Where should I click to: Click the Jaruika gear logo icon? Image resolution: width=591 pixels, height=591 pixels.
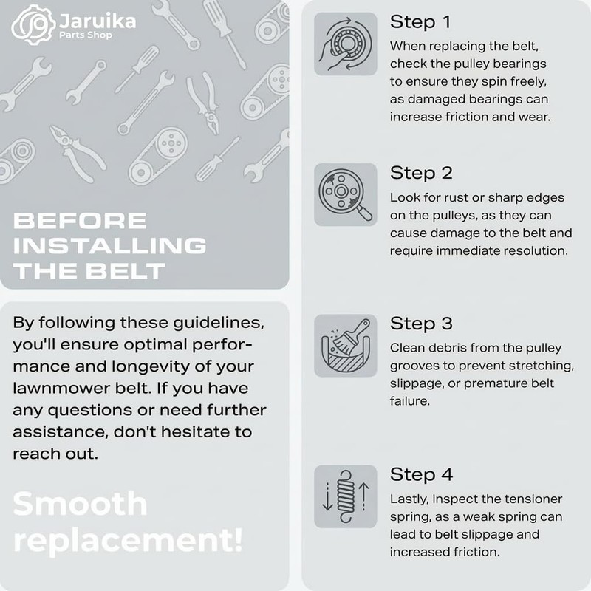pyautogui.click(x=34, y=25)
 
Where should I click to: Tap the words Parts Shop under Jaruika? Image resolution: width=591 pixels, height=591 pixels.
pyautogui.click(x=86, y=35)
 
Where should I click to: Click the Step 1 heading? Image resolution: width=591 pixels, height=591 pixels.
pyautogui.click(x=420, y=22)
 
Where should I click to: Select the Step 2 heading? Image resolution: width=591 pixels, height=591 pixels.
pyautogui.click(x=421, y=173)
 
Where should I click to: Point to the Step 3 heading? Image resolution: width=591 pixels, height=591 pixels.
pyautogui.click(x=421, y=324)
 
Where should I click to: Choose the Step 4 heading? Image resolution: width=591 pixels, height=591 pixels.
pyautogui.click(x=421, y=474)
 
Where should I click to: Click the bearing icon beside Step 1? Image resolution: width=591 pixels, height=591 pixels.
pyautogui.click(x=346, y=44)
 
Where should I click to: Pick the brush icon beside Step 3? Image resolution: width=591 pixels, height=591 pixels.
pyautogui.click(x=346, y=345)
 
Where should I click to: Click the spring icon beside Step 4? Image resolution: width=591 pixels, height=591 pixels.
pyautogui.click(x=346, y=496)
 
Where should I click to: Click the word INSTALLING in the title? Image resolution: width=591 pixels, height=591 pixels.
pyautogui.click(x=109, y=246)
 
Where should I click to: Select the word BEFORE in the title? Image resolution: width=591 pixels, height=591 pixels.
pyautogui.click(x=80, y=220)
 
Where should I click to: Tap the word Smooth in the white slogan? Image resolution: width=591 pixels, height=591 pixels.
pyautogui.click(x=80, y=504)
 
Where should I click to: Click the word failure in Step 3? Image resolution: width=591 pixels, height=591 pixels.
pyautogui.click(x=410, y=400)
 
